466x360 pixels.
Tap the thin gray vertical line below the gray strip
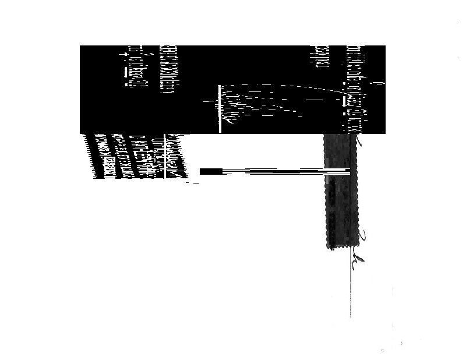click(351, 291)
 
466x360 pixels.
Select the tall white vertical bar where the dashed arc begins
click(220, 108)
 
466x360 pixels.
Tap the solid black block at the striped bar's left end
click(211, 171)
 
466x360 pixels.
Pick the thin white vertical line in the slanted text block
click(166, 156)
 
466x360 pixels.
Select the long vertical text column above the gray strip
click(352, 87)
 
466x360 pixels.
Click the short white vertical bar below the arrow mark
click(126, 72)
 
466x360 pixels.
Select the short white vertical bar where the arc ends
click(345, 100)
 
